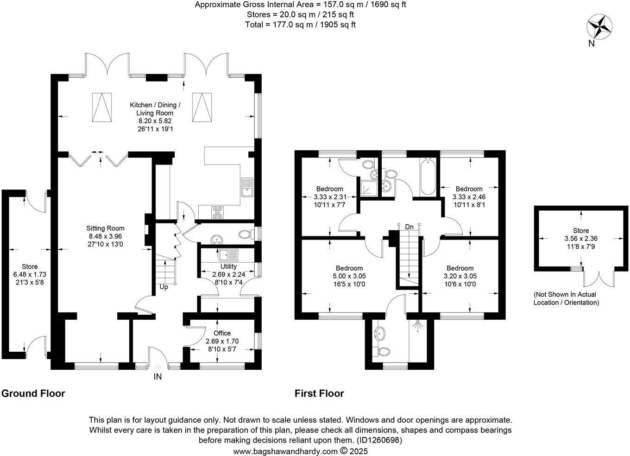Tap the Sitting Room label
(105, 228)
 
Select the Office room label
(222, 333)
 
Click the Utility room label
(228, 266)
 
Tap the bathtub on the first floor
(427, 177)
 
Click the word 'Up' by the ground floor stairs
(164, 287)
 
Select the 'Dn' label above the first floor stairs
(409, 227)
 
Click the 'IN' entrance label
(157, 377)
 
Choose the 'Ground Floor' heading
(33, 393)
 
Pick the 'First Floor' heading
(319, 393)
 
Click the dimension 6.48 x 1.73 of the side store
(30, 274)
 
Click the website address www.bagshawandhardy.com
(285, 451)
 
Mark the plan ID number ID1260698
(379, 440)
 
